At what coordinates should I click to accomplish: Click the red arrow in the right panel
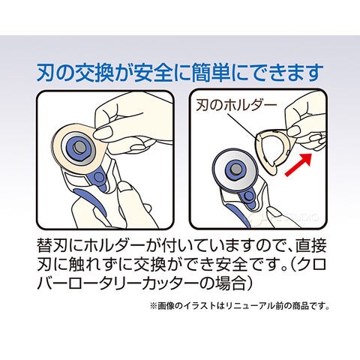298,165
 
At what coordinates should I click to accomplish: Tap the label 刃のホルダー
236,105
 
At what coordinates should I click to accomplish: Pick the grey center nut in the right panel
235,169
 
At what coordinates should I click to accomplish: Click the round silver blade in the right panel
234,170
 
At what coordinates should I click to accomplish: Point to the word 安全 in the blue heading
153,73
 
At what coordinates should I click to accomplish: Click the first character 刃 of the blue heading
46,73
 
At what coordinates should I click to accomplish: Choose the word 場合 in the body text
223,283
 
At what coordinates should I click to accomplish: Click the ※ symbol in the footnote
154,306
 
